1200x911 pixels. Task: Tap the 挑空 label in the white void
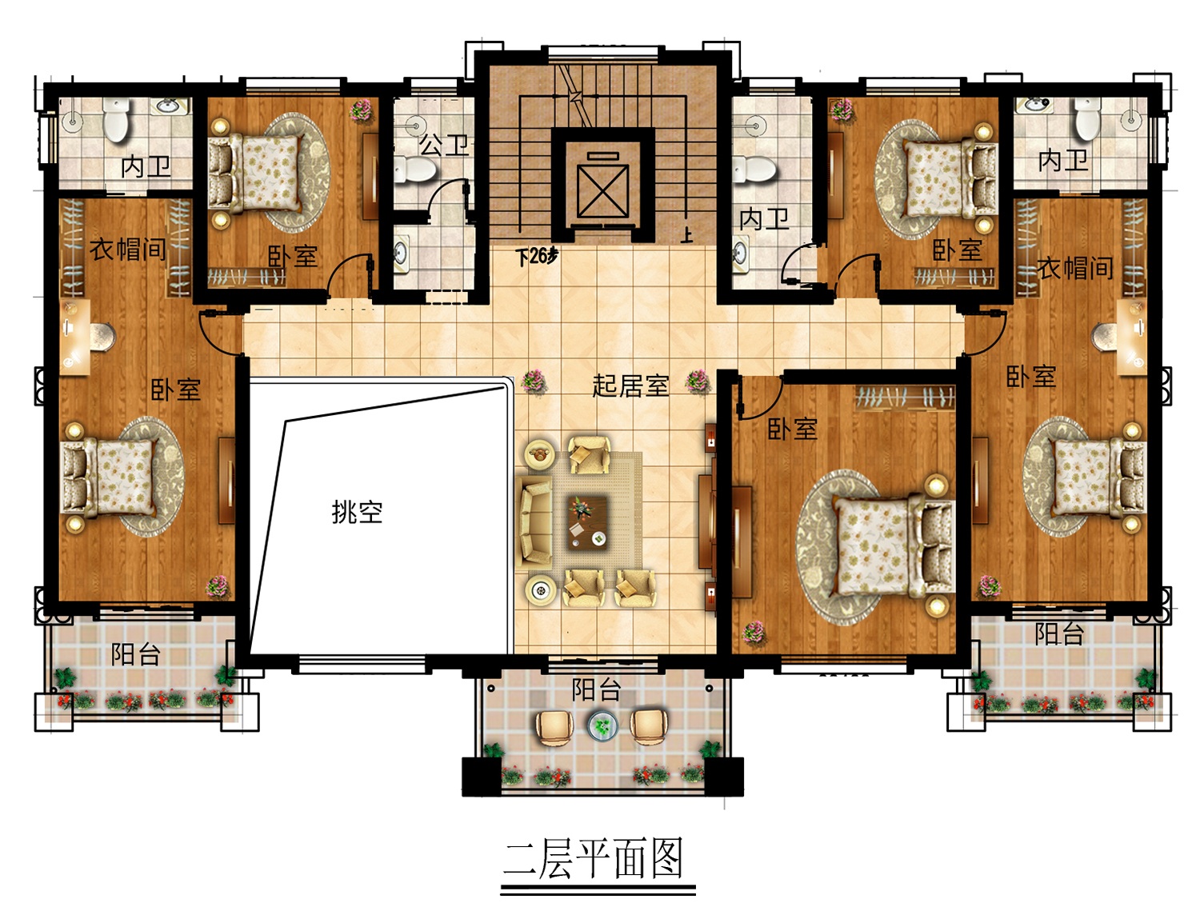357,512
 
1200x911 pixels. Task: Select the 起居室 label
630,385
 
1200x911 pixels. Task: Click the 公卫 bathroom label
443,145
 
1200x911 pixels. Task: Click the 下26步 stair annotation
538,255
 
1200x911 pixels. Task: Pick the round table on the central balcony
602,725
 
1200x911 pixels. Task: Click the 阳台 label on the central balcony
595,689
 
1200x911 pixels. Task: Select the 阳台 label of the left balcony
135,653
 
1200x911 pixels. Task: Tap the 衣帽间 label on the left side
127,250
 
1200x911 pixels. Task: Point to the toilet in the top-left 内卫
117,119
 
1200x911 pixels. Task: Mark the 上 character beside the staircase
686,235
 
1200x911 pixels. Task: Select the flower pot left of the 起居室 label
533,381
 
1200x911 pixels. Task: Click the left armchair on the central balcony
554,726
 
